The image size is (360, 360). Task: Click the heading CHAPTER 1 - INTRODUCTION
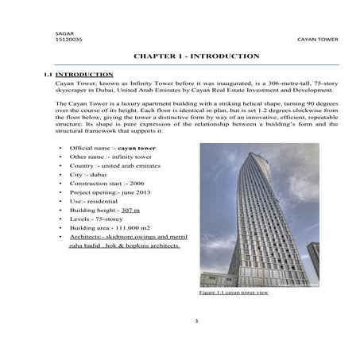click(195, 56)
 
